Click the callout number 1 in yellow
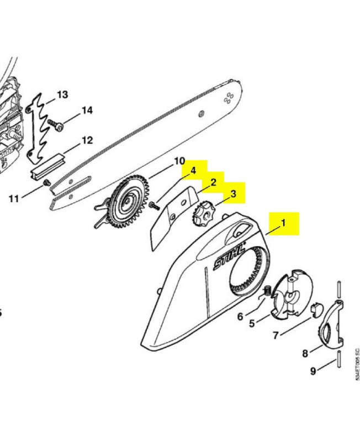(x=283, y=223)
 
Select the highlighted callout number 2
(x=213, y=182)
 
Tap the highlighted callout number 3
(x=233, y=194)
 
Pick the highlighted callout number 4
(x=193, y=171)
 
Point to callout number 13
(x=62, y=94)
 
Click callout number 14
(x=87, y=110)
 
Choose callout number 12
(x=87, y=140)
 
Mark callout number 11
(x=13, y=199)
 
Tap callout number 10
(x=179, y=161)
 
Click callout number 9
(x=313, y=371)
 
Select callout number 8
(x=305, y=353)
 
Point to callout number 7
(x=276, y=335)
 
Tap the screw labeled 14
(x=56, y=125)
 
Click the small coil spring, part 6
(x=268, y=290)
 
